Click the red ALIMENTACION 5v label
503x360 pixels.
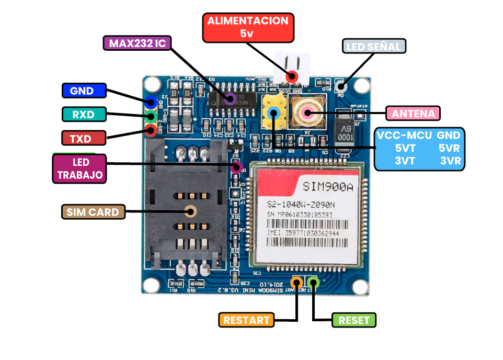[x=248, y=27]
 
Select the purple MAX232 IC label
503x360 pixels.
[x=137, y=43]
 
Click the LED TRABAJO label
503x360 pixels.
[x=80, y=168]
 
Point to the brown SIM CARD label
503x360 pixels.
[x=93, y=212]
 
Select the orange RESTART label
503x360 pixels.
[x=246, y=320]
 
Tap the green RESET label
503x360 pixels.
[x=354, y=320]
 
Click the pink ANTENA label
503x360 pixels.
[x=413, y=114]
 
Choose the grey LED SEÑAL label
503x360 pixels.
[x=374, y=47]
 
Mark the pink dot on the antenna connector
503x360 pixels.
[x=307, y=111]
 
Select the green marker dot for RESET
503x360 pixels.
[x=313, y=283]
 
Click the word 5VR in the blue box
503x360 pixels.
[x=449, y=148]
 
